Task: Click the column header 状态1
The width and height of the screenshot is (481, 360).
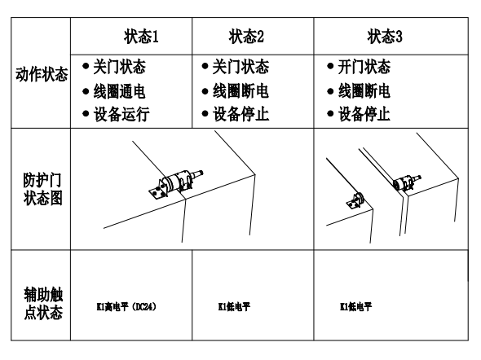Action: tap(141, 37)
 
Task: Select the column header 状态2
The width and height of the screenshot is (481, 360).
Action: tap(246, 37)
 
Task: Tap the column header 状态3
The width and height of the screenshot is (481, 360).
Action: tap(385, 37)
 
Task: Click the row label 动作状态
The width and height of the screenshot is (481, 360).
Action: tap(42, 74)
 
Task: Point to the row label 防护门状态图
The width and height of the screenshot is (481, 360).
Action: tap(42, 189)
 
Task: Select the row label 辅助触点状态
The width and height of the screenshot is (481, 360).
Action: tap(43, 303)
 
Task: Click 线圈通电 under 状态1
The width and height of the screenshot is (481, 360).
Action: tap(119, 91)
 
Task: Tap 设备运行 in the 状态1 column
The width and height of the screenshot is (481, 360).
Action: tap(121, 114)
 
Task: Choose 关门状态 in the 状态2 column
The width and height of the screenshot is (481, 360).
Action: tap(240, 67)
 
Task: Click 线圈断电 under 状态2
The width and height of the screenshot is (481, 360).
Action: tap(240, 91)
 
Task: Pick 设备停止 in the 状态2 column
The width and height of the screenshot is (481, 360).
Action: tap(240, 114)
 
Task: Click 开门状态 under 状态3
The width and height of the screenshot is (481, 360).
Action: tap(364, 67)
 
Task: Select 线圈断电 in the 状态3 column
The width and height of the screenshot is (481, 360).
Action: tap(364, 91)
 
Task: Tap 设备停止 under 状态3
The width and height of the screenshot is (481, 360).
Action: tap(364, 114)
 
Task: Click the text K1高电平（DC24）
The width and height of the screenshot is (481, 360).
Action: tap(126, 306)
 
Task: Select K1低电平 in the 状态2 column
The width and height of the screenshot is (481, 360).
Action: tap(234, 306)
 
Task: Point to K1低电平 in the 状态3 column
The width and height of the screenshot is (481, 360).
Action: tap(355, 306)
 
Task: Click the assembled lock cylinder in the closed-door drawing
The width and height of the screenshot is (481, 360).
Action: tap(175, 184)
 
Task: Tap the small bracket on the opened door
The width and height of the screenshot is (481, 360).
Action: tap(355, 201)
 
